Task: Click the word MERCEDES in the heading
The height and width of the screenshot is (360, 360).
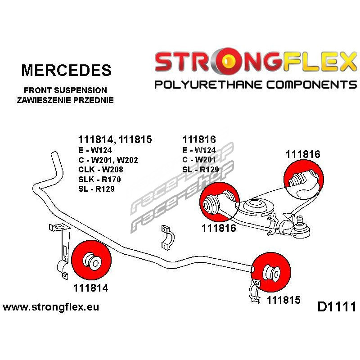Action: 66,70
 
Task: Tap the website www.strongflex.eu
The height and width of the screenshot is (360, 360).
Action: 51,307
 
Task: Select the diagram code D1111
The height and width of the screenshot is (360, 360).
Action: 336,307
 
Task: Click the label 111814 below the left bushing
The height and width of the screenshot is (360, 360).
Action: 90,288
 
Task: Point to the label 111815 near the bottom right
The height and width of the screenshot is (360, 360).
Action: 283,299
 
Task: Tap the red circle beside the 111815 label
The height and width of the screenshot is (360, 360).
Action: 269,271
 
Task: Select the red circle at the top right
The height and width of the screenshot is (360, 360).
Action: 304,179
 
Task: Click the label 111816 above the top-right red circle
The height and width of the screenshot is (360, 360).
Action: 302,154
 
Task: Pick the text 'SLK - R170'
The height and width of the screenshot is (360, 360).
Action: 99,180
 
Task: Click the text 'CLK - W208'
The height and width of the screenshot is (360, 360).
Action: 100,170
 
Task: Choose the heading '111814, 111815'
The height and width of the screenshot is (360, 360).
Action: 115,139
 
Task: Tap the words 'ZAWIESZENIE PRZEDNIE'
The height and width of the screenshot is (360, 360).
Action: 65,100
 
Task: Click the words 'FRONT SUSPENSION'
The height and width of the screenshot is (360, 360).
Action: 65,90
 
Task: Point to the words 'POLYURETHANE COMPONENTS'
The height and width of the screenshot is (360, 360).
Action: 255,84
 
